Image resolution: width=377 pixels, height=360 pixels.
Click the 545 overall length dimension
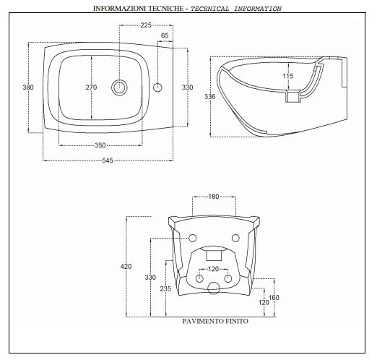(x=108, y=160)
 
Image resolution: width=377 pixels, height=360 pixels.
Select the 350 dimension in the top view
(x=100, y=145)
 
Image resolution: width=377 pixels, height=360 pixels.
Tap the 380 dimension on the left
(x=28, y=87)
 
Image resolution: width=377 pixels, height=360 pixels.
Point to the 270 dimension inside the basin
(x=91, y=87)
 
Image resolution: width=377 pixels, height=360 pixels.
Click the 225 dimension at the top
(x=146, y=25)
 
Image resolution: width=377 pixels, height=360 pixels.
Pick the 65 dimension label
(x=165, y=35)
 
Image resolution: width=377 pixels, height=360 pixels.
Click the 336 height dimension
(x=210, y=97)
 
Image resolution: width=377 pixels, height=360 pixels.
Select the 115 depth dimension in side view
(x=288, y=76)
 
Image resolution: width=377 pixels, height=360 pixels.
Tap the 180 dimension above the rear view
(x=213, y=197)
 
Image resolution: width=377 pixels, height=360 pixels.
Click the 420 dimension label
(x=126, y=267)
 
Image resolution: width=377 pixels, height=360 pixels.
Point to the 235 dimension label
(x=165, y=288)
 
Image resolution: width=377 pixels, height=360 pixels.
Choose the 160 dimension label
(x=274, y=298)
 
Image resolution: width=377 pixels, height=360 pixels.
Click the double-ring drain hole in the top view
(x=119, y=87)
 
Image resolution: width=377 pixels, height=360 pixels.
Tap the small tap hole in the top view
(x=157, y=87)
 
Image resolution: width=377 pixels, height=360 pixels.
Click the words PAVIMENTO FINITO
(x=215, y=321)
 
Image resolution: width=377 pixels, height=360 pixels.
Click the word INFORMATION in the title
(x=258, y=9)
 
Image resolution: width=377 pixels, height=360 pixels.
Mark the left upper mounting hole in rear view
(x=192, y=239)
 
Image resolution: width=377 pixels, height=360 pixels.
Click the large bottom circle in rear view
(x=214, y=288)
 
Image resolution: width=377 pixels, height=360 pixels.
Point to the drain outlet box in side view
(x=293, y=96)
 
